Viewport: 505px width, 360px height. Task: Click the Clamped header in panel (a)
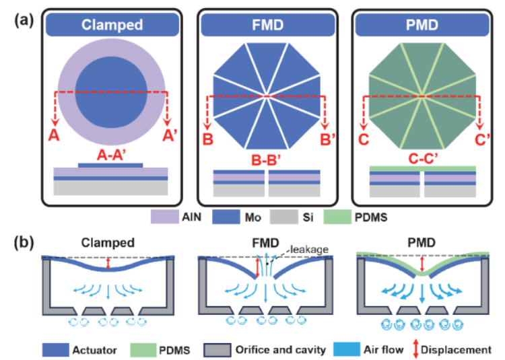pos(112,25)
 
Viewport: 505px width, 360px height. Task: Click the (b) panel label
pos(26,240)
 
